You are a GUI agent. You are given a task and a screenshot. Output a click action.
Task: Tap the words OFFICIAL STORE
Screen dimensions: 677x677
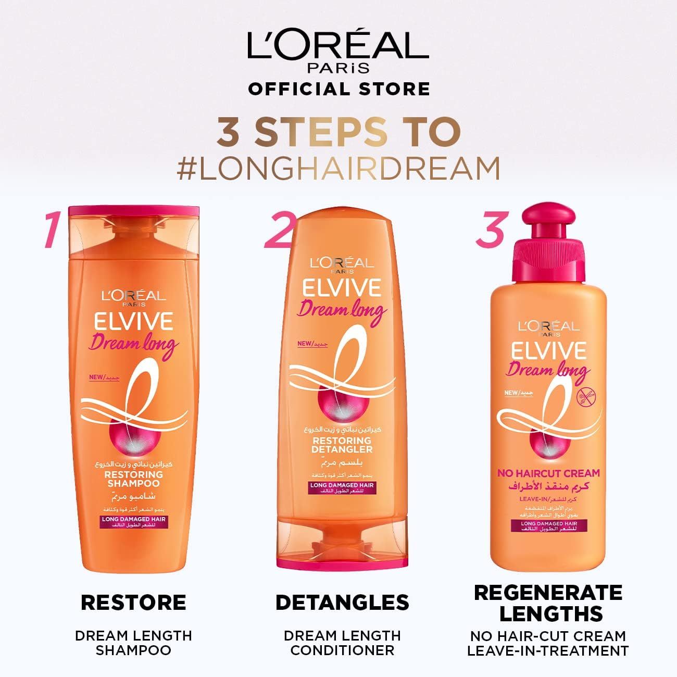click(x=338, y=89)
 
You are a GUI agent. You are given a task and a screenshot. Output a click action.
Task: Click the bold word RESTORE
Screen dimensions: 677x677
click(x=133, y=603)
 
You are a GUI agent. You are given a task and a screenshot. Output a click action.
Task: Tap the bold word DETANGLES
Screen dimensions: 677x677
click(x=342, y=603)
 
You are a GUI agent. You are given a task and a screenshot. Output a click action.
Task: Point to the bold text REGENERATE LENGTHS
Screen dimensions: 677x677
click(x=548, y=603)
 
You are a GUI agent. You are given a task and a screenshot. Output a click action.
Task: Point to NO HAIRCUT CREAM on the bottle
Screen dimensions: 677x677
click(x=548, y=473)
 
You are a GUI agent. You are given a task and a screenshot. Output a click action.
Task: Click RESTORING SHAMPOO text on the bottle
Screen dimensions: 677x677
click(x=134, y=479)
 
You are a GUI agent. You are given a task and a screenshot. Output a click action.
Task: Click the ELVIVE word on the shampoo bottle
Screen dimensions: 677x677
click(x=133, y=322)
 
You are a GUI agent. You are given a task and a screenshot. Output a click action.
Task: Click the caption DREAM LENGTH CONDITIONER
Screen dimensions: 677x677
click(x=342, y=643)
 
